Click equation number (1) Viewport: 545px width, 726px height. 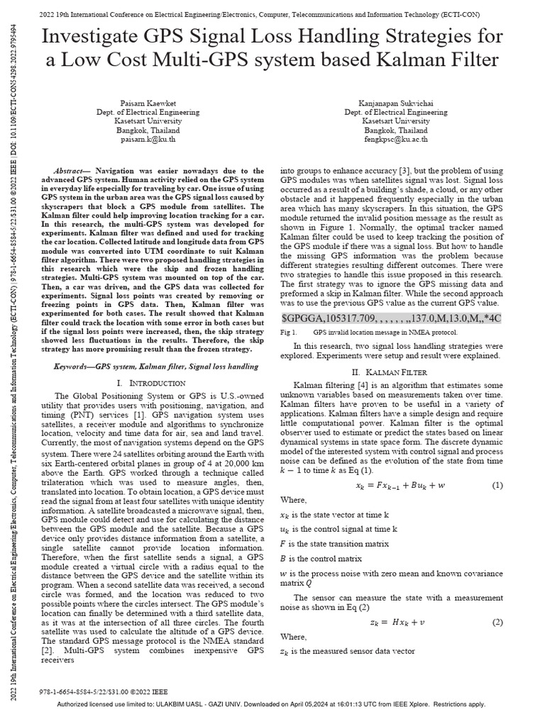[497, 485]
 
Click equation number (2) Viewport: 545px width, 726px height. [497, 622]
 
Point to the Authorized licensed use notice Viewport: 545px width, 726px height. [270, 704]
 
